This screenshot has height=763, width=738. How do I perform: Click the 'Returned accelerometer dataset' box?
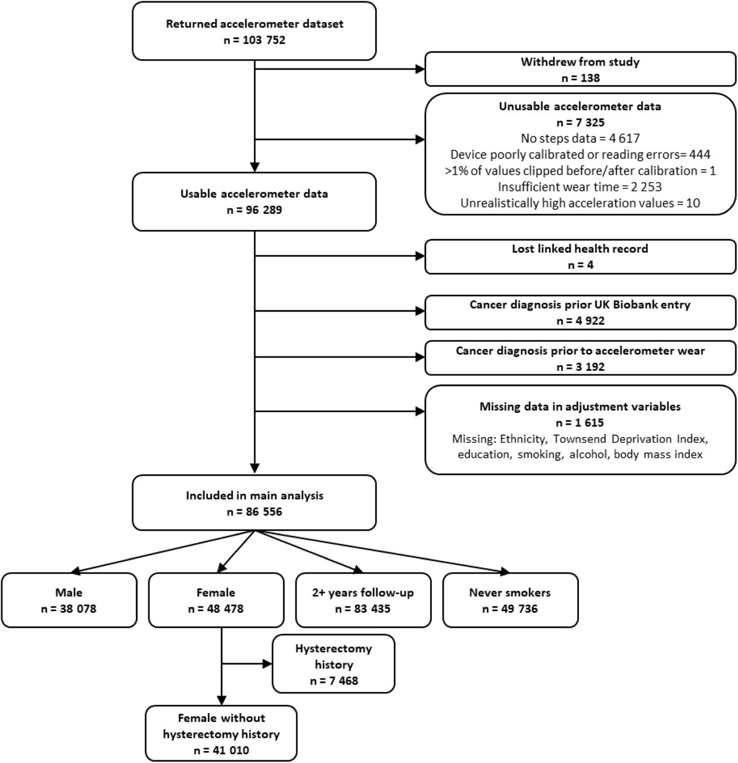tap(254, 31)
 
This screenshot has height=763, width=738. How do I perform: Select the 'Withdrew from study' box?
tap(580, 69)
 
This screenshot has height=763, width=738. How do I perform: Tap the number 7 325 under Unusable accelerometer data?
tap(580, 122)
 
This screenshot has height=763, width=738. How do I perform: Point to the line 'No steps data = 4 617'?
tap(580, 138)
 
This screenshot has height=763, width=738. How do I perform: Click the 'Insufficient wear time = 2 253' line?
tap(580, 187)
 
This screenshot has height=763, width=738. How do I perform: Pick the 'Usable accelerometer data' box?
tap(254, 201)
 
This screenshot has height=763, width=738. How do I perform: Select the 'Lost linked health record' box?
tap(580, 257)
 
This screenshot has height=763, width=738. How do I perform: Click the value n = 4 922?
tap(580, 321)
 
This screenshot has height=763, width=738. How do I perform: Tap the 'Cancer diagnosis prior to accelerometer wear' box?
tap(580, 358)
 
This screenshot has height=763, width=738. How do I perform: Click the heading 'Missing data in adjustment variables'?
tap(580, 407)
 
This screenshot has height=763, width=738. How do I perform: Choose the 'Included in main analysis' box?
tap(254, 503)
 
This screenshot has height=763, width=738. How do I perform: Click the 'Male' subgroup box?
tap(69, 600)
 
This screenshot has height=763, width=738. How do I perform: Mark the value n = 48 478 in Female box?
tap(216, 609)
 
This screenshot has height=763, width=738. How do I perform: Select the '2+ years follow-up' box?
tap(363, 600)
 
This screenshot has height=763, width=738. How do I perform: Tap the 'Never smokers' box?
tap(510, 600)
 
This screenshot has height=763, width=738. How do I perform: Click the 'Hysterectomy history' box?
tap(334, 664)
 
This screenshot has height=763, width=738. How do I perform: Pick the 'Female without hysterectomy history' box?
tap(222, 734)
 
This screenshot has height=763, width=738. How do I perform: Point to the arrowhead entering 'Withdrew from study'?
tap(421, 69)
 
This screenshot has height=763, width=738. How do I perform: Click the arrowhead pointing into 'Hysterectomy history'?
tap(267, 664)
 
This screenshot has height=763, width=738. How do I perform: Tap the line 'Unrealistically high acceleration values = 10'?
tap(580, 203)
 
